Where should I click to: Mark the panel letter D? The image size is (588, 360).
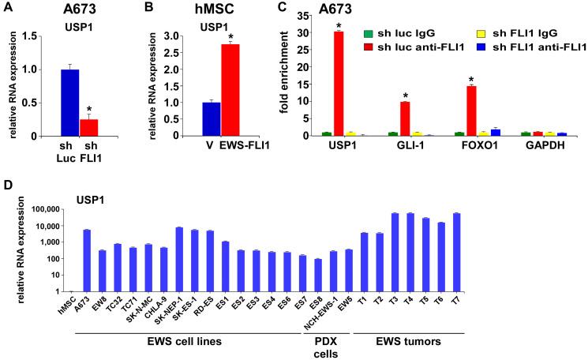(7, 187)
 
